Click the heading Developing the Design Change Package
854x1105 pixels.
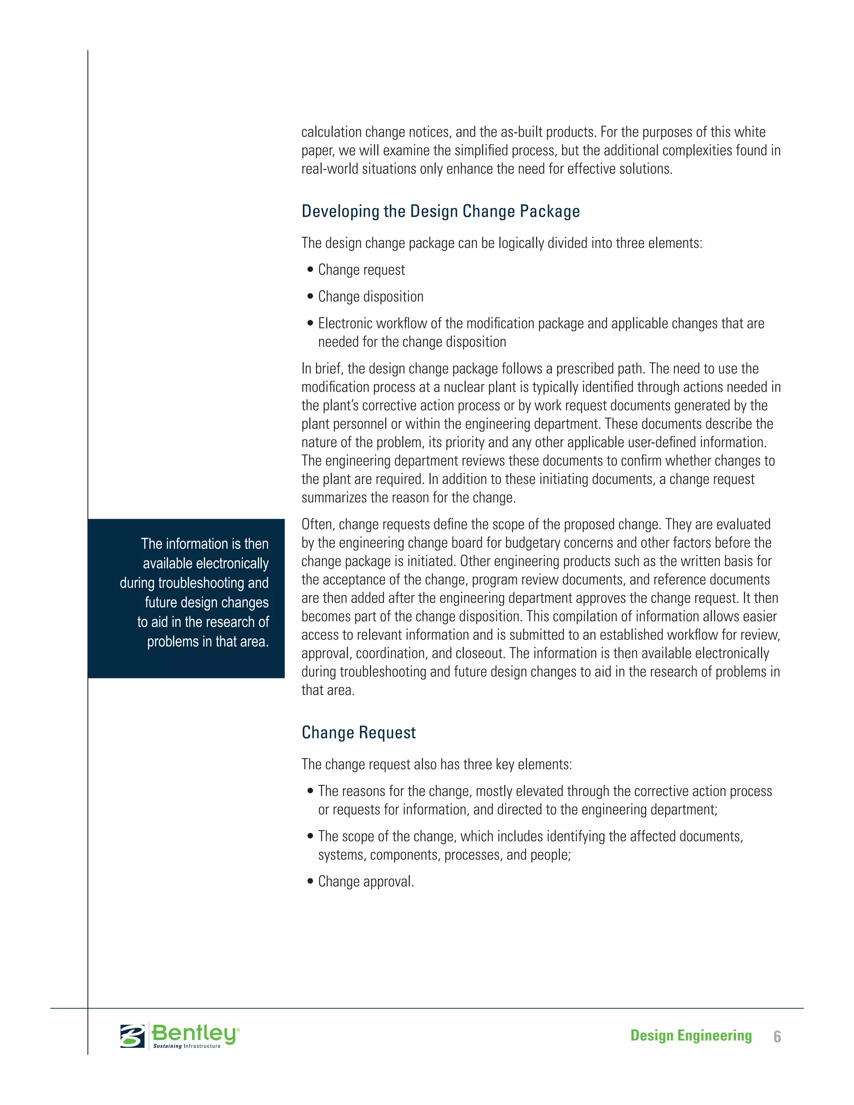click(440, 211)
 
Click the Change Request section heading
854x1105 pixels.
click(358, 733)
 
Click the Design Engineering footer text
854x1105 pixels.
click(691, 1035)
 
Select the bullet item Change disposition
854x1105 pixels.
click(370, 296)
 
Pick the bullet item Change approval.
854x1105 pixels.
click(366, 881)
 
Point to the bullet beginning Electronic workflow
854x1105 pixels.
click(540, 324)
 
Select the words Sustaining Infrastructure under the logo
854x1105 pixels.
click(187, 1046)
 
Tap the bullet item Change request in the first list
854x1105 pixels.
click(361, 270)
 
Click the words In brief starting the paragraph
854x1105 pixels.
click(323, 369)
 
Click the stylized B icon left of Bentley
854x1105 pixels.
click(132, 1036)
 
